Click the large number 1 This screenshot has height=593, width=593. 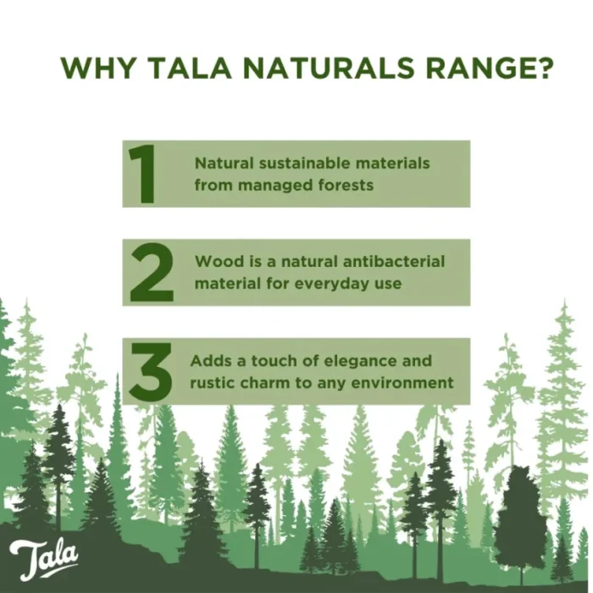142,174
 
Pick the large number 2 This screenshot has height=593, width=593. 152,272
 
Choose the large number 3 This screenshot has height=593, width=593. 151,371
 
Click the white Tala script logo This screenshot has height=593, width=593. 44,558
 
